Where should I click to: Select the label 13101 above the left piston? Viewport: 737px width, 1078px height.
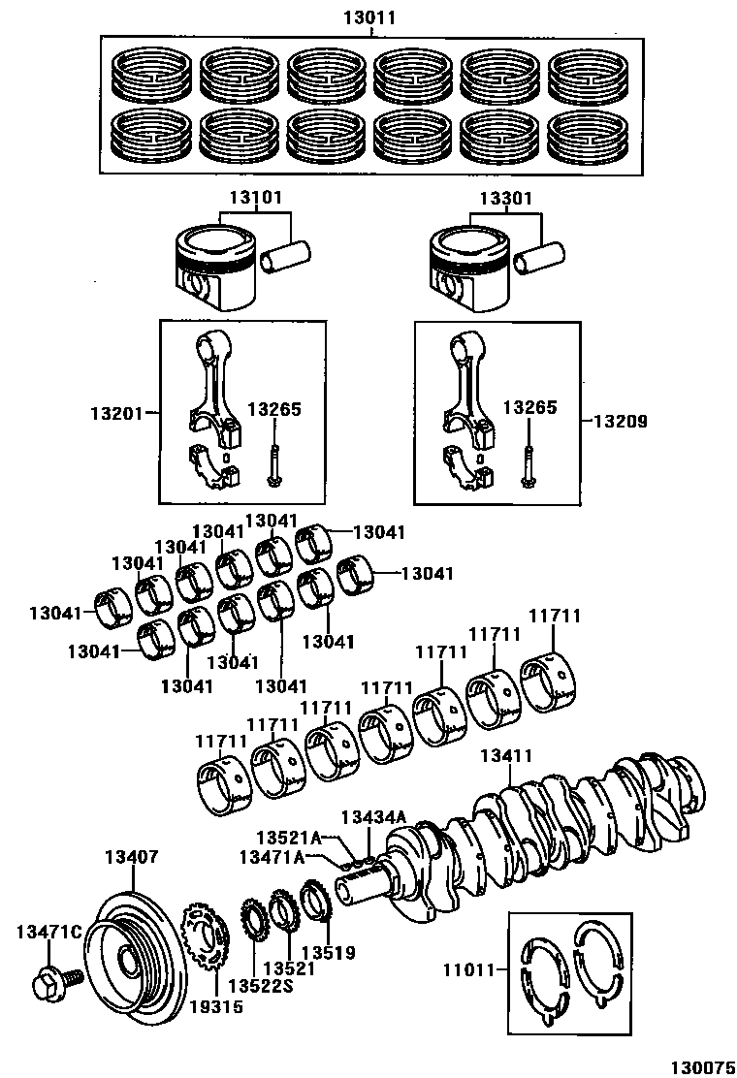256,198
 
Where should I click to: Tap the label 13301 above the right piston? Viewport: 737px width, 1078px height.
505,198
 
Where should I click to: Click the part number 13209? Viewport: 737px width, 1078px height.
621,422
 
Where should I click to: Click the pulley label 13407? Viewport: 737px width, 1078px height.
131,857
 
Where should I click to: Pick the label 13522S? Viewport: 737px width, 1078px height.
260,986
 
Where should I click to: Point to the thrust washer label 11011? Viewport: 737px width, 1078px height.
472,968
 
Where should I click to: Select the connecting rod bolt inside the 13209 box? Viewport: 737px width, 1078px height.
529,465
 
